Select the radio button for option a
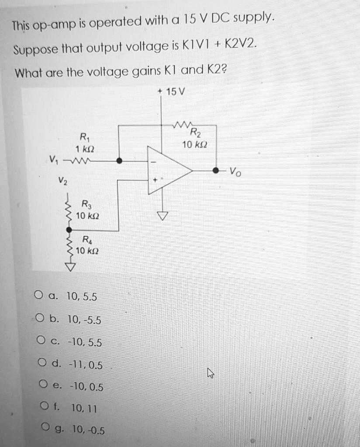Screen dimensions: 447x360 [38, 296]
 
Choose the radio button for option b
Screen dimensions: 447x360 [41, 319]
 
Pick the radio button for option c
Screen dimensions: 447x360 [42, 342]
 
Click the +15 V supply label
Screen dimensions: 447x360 [172, 92]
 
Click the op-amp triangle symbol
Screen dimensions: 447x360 [168, 170]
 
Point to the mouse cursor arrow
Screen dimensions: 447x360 [211, 373]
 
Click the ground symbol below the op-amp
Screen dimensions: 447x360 [163, 216]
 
